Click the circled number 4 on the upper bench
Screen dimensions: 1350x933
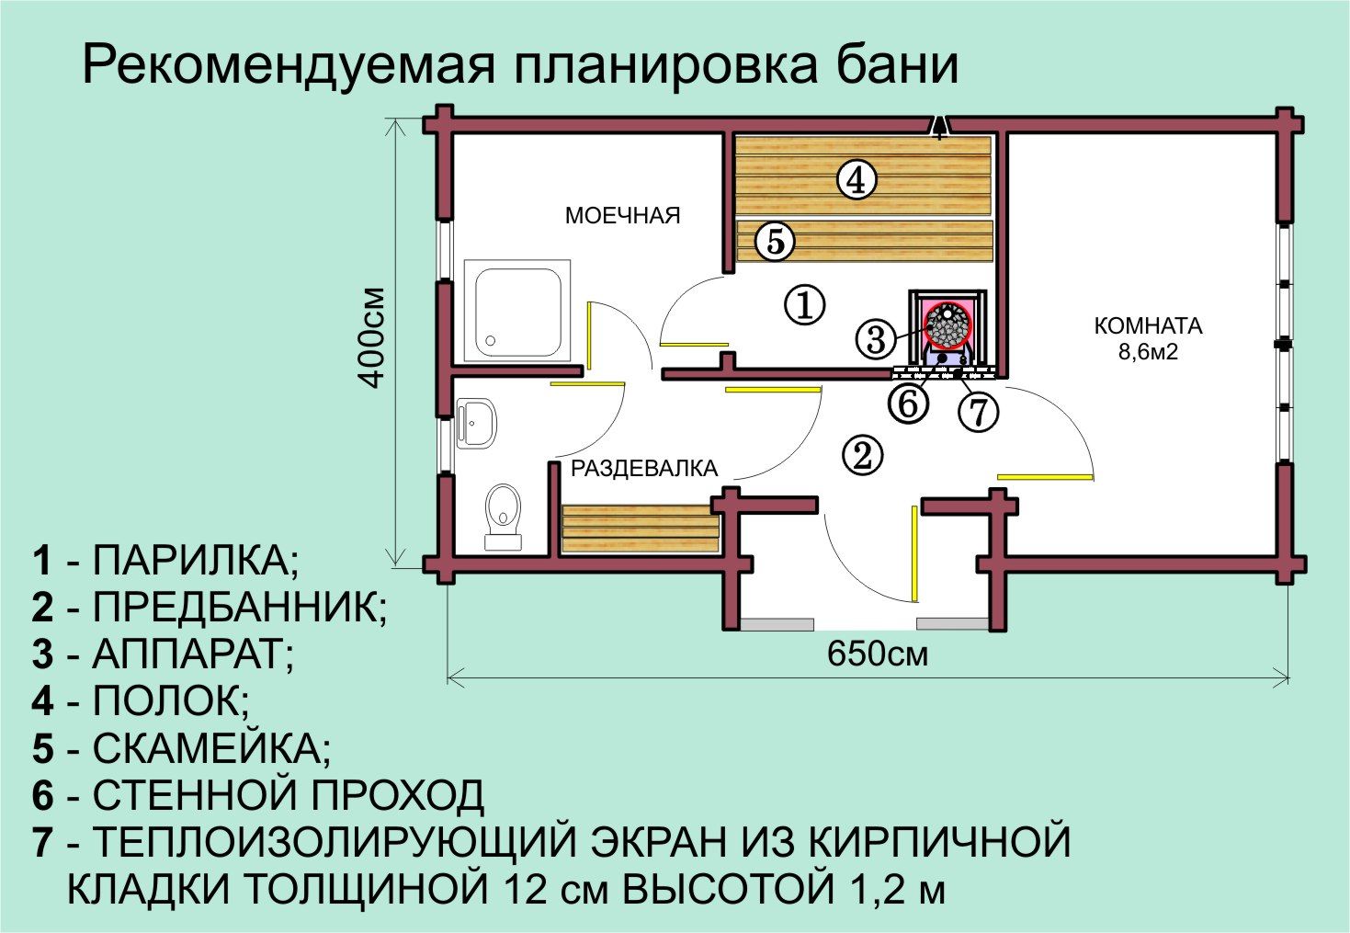click(x=857, y=179)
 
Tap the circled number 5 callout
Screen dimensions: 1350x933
click(x=775, y=241)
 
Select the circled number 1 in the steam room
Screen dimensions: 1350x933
click(x=804, y=304)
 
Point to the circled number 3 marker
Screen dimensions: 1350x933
click(x=876, y=338)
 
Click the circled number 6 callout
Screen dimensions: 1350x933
click(x=908, y=403)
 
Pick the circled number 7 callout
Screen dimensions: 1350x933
click(x=979, y=412)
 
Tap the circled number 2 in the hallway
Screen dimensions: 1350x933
click(x=863, y=456)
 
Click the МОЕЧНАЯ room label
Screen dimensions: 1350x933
click(x=622, y=216)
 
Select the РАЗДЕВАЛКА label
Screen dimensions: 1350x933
click(x=644, y=468)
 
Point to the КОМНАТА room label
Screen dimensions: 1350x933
click(x=1148, y=326)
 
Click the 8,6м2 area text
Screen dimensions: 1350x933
click(x=1148, y=351)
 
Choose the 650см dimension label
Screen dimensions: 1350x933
click(x=877, y=654)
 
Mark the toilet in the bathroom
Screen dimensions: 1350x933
click(x=504, y=516)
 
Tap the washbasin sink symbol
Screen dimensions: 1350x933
click(x=477, y=422)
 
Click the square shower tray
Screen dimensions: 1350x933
click(x=517, y=312)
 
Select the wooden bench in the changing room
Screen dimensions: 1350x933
click(x=641, y=529)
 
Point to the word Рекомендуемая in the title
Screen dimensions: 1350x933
click(x=289, y=64)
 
